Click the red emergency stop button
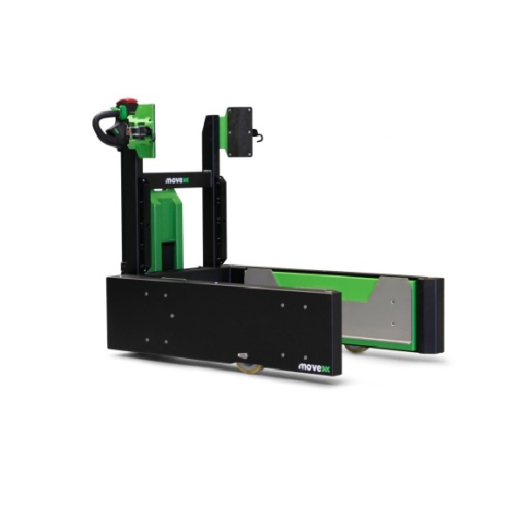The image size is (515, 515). tap(125, 100)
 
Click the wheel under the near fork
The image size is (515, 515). tap(249, 367)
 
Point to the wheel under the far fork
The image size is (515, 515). tap(356, 349)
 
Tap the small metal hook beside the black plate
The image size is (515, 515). tap(259, 134)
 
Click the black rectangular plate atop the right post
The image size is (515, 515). tap(240, 132)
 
